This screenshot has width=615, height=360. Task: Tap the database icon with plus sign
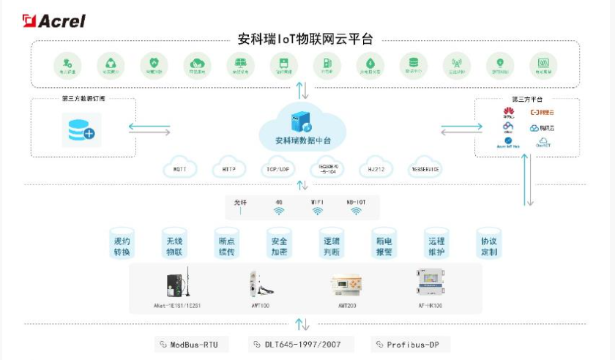[81, 132]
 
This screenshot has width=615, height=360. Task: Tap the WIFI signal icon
[317, 211]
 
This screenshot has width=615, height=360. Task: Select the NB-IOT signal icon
[356, 211]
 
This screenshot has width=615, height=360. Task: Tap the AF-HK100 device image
[430, 283]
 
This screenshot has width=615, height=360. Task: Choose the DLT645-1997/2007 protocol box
[299, 344]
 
